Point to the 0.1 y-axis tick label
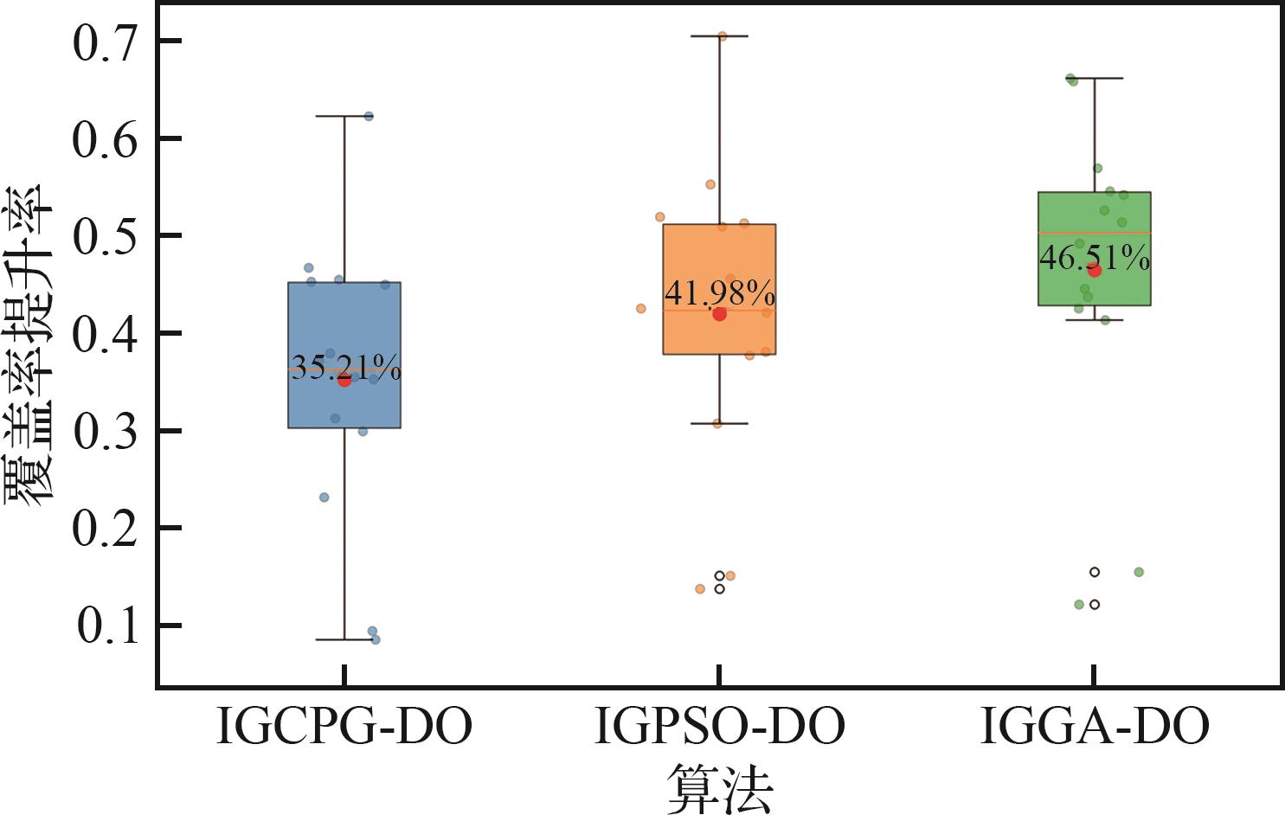pos(107,626)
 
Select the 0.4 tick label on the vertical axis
pos(105,334)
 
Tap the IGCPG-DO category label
pos(344,726)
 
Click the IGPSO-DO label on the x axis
pos(720,726)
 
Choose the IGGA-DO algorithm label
pos(1095,726)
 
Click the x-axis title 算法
pos(719,789)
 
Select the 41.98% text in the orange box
pos(720,293)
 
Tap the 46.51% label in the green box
pos(1095,258)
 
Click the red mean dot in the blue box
pos(344,380)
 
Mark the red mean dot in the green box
pos(1095,271)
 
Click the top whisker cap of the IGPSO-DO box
pos(719,36)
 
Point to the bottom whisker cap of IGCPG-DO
pos(344,639)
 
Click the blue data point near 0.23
pos(324,497)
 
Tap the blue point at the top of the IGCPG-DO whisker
pos(369,117)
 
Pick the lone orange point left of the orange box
pos(641,309)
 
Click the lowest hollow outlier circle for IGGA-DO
pos(1095,605)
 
